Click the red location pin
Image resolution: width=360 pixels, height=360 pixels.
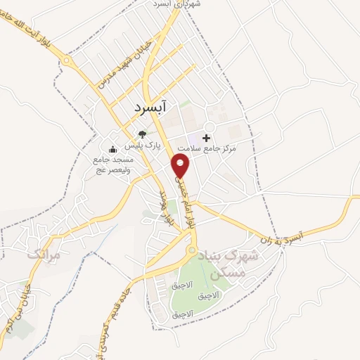coord(181,166)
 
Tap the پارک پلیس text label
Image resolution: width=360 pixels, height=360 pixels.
coord(143,146)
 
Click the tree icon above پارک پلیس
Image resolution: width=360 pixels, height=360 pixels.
coord(143,134)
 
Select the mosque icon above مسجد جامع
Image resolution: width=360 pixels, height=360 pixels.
coord(112,149)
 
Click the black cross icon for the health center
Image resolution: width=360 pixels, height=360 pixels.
coord(207,138)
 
